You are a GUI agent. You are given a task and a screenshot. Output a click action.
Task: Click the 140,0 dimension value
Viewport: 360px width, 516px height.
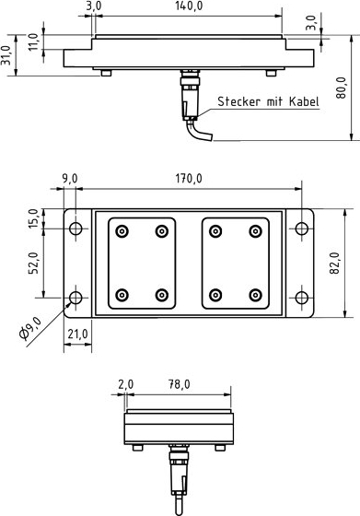(x=189, y=6)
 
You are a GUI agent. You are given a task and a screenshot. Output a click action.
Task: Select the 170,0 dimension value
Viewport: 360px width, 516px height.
(x=189, y=179)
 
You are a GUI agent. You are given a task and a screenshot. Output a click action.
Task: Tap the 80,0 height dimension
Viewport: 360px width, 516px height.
(x=341, y=88)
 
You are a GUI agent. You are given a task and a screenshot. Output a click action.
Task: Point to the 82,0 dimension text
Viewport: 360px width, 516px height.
(x=334, y=263)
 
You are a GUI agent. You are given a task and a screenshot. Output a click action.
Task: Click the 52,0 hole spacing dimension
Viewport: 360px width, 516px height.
(x=33, y=263)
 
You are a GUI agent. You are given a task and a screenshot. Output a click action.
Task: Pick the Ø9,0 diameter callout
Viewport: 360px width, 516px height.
(x=30, y=328)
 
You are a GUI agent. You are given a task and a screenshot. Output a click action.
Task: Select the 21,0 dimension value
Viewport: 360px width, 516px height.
(x=78, y=334)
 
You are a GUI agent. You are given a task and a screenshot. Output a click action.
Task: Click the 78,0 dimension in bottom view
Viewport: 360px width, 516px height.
(x=180, y=384)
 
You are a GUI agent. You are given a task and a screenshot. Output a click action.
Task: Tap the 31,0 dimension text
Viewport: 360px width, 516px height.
(x=6, y=55)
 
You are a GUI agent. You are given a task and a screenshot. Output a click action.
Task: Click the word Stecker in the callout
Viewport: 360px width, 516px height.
(x=238, y=101)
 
